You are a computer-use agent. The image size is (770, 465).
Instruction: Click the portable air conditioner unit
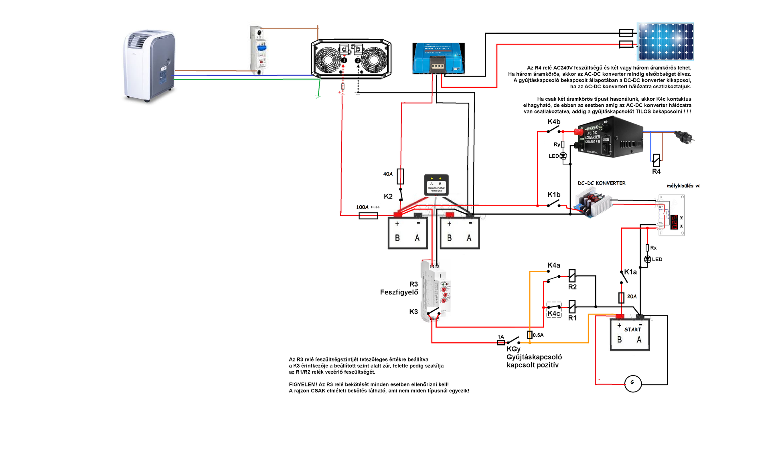[149, 65]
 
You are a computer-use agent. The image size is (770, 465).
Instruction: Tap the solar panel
[666, 41]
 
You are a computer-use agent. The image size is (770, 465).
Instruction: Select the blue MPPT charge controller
[438, 58]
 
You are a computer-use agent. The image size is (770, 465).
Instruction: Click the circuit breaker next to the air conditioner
[258, 51]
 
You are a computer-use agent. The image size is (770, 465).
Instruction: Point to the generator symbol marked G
[633, 383]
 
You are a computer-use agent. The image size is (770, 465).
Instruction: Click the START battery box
[630, 335]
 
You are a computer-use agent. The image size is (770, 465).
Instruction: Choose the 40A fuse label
[388, 174]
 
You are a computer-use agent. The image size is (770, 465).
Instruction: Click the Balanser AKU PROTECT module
[436, 185]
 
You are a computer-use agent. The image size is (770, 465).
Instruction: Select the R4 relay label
[656, 171]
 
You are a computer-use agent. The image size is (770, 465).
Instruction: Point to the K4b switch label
[554, 122]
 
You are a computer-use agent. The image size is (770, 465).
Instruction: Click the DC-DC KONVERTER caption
[601, 183]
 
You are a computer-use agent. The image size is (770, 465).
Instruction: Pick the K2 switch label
[388, 196]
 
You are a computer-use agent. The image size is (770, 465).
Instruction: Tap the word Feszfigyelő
[399, 292]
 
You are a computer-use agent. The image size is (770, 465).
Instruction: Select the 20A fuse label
[632, 296]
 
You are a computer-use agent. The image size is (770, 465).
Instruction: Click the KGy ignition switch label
[513, 349]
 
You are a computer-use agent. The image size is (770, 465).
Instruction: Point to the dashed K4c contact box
[554, 310]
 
